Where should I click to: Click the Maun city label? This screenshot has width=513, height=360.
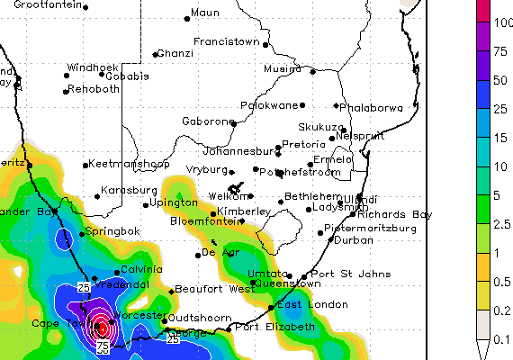click(x=206, y=13)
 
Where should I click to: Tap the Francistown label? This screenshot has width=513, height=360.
click(x=227, y=42)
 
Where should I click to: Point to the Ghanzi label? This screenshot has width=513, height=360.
click(x=175, y=54)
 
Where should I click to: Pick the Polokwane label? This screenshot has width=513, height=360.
click(x=268, y=105)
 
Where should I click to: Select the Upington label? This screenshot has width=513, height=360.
click(x=173, y=203)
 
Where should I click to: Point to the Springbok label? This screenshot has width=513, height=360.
click(x=112, y=232)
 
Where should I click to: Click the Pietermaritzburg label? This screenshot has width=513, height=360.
click(x=370, y=229)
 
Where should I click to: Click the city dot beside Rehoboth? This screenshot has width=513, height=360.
click(x=66, y=90)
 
